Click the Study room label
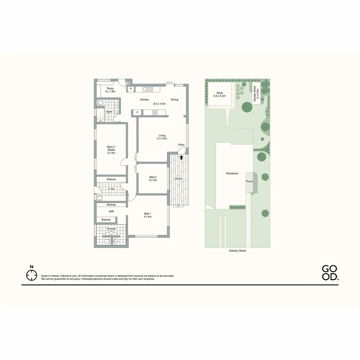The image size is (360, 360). pos(110,90)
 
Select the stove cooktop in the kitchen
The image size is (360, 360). pos(155,113)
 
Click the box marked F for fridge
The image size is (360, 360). pos(137,113)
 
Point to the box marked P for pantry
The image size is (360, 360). pos(131,89)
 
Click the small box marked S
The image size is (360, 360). pos(128,83)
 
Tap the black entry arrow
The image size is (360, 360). pos(181,157)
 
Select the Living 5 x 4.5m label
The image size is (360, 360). pos(162,137)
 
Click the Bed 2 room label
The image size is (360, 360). pos(153,178)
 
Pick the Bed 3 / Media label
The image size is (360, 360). pos(111,150)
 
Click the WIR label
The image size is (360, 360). pos(111,211)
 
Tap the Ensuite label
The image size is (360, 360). pos(111,229)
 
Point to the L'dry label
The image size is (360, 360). pos(112,189)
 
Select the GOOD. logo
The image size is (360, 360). pos(330,273)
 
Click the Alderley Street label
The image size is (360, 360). pos(237,251)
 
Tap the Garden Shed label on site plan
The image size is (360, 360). pos(256,94)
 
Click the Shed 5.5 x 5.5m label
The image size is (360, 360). pos(219,94)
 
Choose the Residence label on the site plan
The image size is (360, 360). pos(232,173)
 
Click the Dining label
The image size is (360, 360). pos(175,100)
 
